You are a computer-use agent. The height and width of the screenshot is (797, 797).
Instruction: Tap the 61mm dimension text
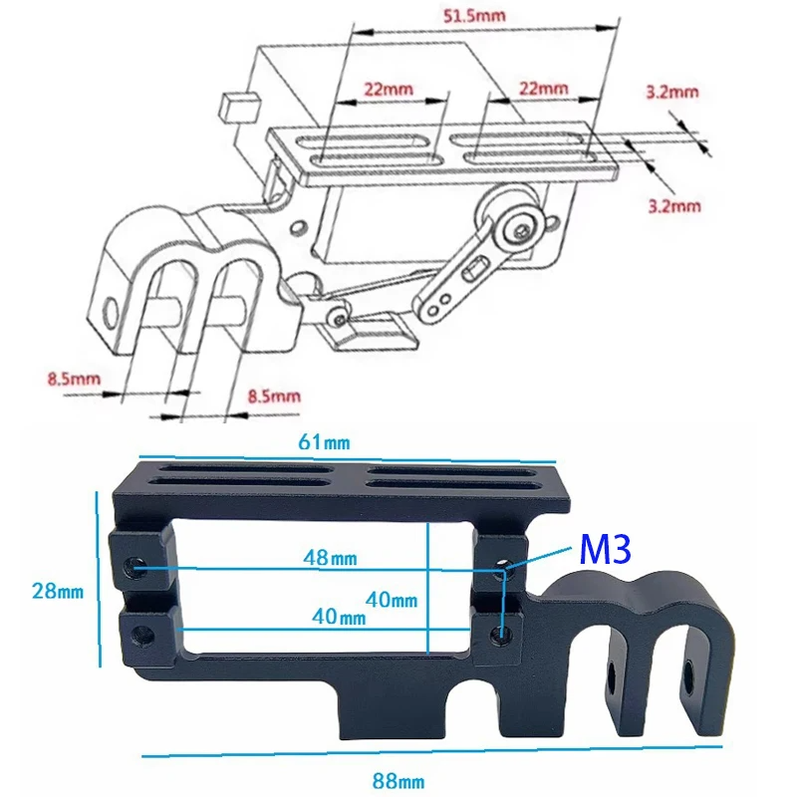311,441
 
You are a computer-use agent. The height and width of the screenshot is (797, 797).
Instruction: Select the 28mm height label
57,591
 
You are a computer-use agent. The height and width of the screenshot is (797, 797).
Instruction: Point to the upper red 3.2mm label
671,92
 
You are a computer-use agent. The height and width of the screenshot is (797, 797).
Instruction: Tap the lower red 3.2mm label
673,206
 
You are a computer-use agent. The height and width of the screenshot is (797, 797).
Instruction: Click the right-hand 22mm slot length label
543,88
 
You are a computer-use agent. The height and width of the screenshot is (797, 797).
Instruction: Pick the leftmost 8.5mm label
75,378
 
